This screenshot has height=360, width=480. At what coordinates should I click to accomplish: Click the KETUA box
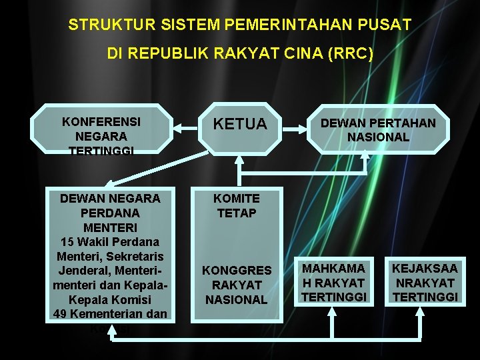(240, 125)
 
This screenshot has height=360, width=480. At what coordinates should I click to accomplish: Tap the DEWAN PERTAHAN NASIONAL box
(378, 129)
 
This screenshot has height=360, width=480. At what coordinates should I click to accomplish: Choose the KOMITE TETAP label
(237, 205)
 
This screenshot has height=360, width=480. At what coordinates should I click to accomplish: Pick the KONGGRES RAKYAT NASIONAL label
(237, 285)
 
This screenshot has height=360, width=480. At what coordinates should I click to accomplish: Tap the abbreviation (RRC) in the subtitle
(351, 54)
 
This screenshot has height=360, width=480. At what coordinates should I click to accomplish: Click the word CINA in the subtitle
(299, 54)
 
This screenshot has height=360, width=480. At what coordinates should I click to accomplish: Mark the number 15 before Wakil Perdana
(69, 241)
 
